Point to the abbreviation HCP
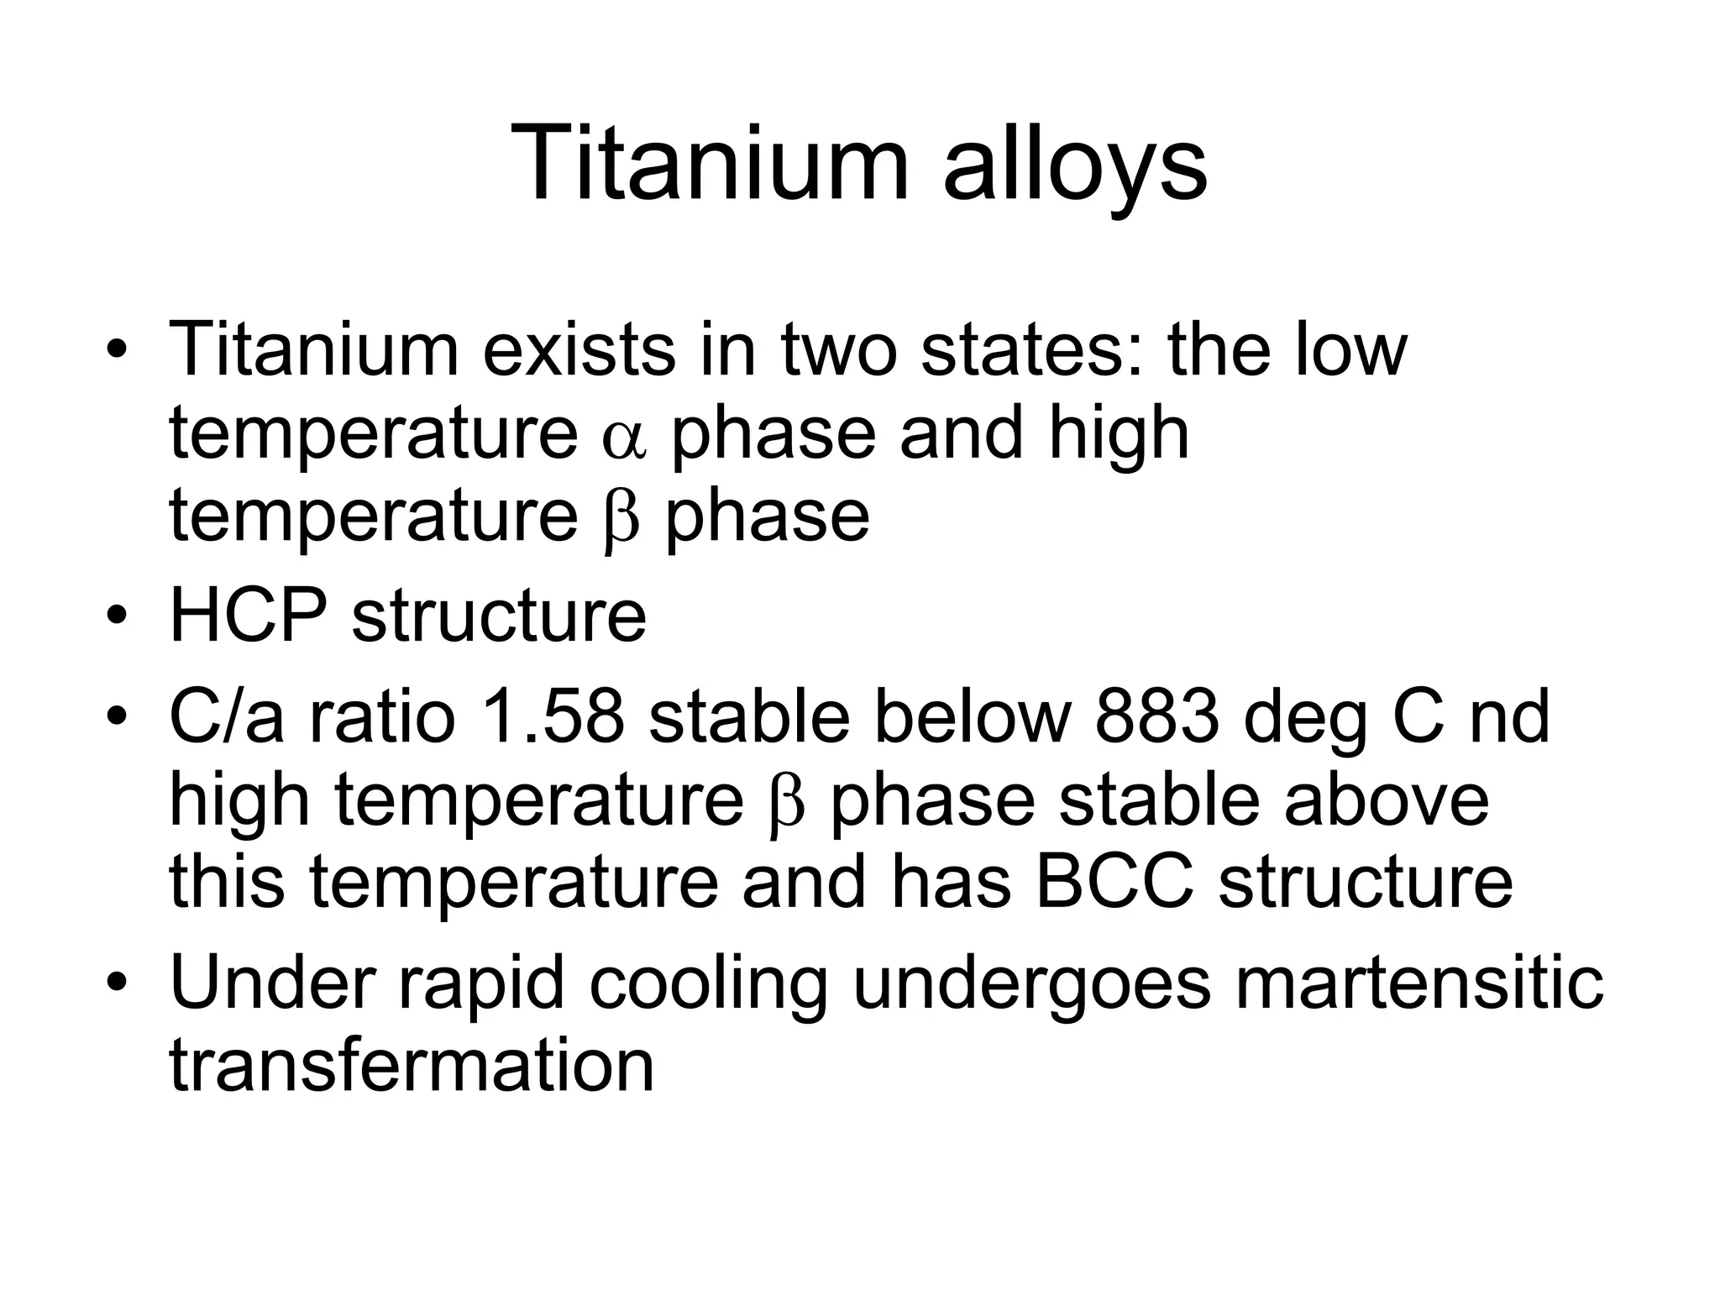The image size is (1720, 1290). (x=248, y=616)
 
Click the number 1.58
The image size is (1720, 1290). (x=554, y=718)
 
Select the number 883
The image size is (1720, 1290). (x=1156, y=718)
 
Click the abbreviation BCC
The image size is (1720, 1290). (x=1114, y=883)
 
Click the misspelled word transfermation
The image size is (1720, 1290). (x=412, y=1065)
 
